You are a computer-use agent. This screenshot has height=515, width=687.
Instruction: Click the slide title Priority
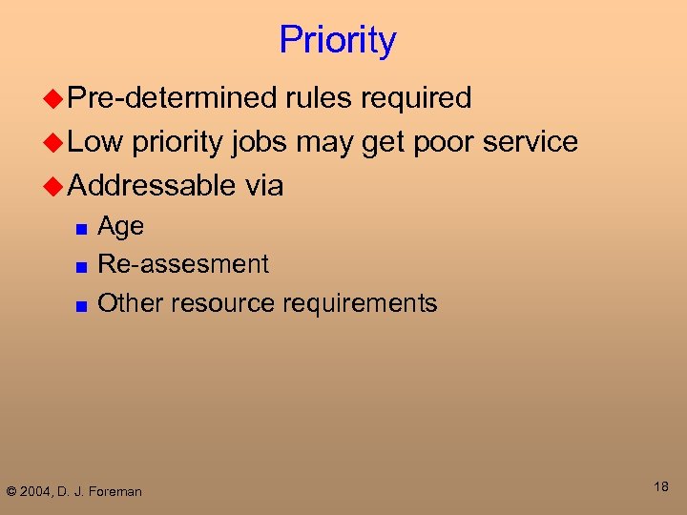coord(337,41)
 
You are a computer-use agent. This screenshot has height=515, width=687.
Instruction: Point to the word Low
coord(95,142)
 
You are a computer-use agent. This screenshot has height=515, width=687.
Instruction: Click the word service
coord(531,142)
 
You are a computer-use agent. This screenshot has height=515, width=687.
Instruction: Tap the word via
coord(263,185)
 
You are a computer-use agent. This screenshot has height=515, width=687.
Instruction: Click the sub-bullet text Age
coord(121,228)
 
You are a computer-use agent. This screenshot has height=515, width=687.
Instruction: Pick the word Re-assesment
coord(183,264)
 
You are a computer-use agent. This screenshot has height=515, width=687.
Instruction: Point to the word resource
coord(226,304)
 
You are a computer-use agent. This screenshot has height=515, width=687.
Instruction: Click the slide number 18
coord(661,487)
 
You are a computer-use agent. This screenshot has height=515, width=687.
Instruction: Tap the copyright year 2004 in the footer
coord(38,492)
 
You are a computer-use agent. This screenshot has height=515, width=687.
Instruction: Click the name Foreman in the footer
coord(116,492)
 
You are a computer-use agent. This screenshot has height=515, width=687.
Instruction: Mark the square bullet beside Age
coord(83,230)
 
